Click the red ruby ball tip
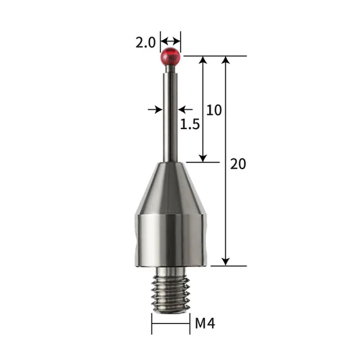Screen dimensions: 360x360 coord(170,57)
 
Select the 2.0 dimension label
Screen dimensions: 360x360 coord(145,43)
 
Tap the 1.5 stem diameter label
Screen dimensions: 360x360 coord(190,124)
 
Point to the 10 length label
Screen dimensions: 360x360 coord(214,110)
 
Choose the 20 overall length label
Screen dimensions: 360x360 coord(238,164)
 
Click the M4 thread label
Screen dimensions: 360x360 coord(205,323)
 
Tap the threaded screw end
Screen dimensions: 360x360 coord(170,293)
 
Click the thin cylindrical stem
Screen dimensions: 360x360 coord(170,117)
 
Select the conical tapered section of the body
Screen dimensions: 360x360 coord(170,188)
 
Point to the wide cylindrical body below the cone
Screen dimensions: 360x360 coord(170,240)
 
